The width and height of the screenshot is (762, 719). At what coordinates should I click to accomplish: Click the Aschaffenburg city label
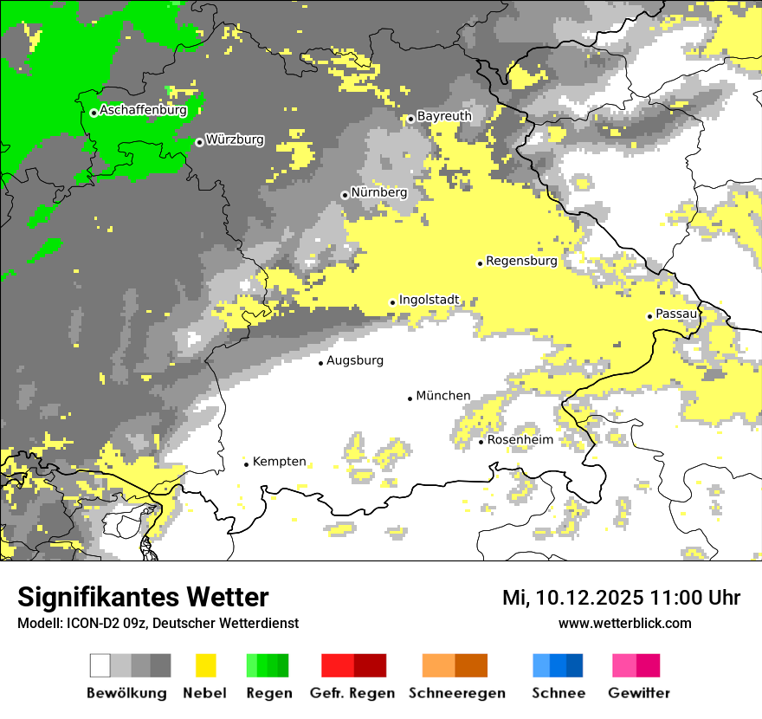click(143, 111)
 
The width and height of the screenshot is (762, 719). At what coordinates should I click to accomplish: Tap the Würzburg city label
click(235, 139)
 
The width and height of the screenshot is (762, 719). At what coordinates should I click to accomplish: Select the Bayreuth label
click(444, 116)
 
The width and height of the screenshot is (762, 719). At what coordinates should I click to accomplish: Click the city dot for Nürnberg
click(345, 195)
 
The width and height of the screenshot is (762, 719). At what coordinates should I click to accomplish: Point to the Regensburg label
click(521, 261)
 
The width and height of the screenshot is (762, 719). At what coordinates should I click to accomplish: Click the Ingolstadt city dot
click(392, 302)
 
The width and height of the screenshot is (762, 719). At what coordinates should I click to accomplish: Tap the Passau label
click(676, 314)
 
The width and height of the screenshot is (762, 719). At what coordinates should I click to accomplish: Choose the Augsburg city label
click(354, 360)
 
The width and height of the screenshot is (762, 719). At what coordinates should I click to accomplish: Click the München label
click(443, 396)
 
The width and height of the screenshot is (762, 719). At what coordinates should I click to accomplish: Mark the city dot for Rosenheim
click(481, 442)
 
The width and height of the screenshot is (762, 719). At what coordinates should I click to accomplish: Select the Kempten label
click(279, 462)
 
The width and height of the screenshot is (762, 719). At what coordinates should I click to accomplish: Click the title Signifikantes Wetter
click(143, 598)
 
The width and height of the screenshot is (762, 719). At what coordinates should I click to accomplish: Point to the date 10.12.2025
click(585, 598)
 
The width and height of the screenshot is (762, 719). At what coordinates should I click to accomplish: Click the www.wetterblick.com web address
click(624, 623)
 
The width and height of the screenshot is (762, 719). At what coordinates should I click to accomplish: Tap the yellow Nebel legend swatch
click(205, 665)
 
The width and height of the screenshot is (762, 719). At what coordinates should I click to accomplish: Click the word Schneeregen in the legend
click(456, 693)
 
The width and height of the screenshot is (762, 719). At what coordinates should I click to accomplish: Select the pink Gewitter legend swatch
click(636, 665)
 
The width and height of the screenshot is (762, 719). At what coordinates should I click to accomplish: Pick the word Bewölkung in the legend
click(126, 693)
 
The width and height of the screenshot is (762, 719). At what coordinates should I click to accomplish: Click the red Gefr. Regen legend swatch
click(353, 665)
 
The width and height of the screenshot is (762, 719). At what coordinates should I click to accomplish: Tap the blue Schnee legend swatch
click(558, 665)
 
